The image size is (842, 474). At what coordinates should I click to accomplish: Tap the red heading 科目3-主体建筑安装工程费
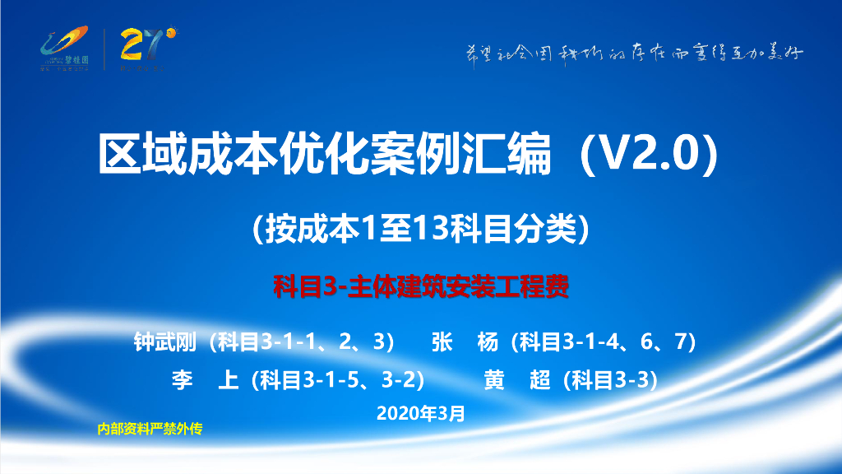point(421,288)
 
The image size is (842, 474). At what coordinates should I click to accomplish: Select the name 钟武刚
point(167,342)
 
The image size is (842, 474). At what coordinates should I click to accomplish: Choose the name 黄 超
point(517,379)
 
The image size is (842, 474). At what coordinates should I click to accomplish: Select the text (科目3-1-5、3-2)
point(337,379)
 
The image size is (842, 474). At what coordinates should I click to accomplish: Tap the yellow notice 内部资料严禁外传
point(149,429)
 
